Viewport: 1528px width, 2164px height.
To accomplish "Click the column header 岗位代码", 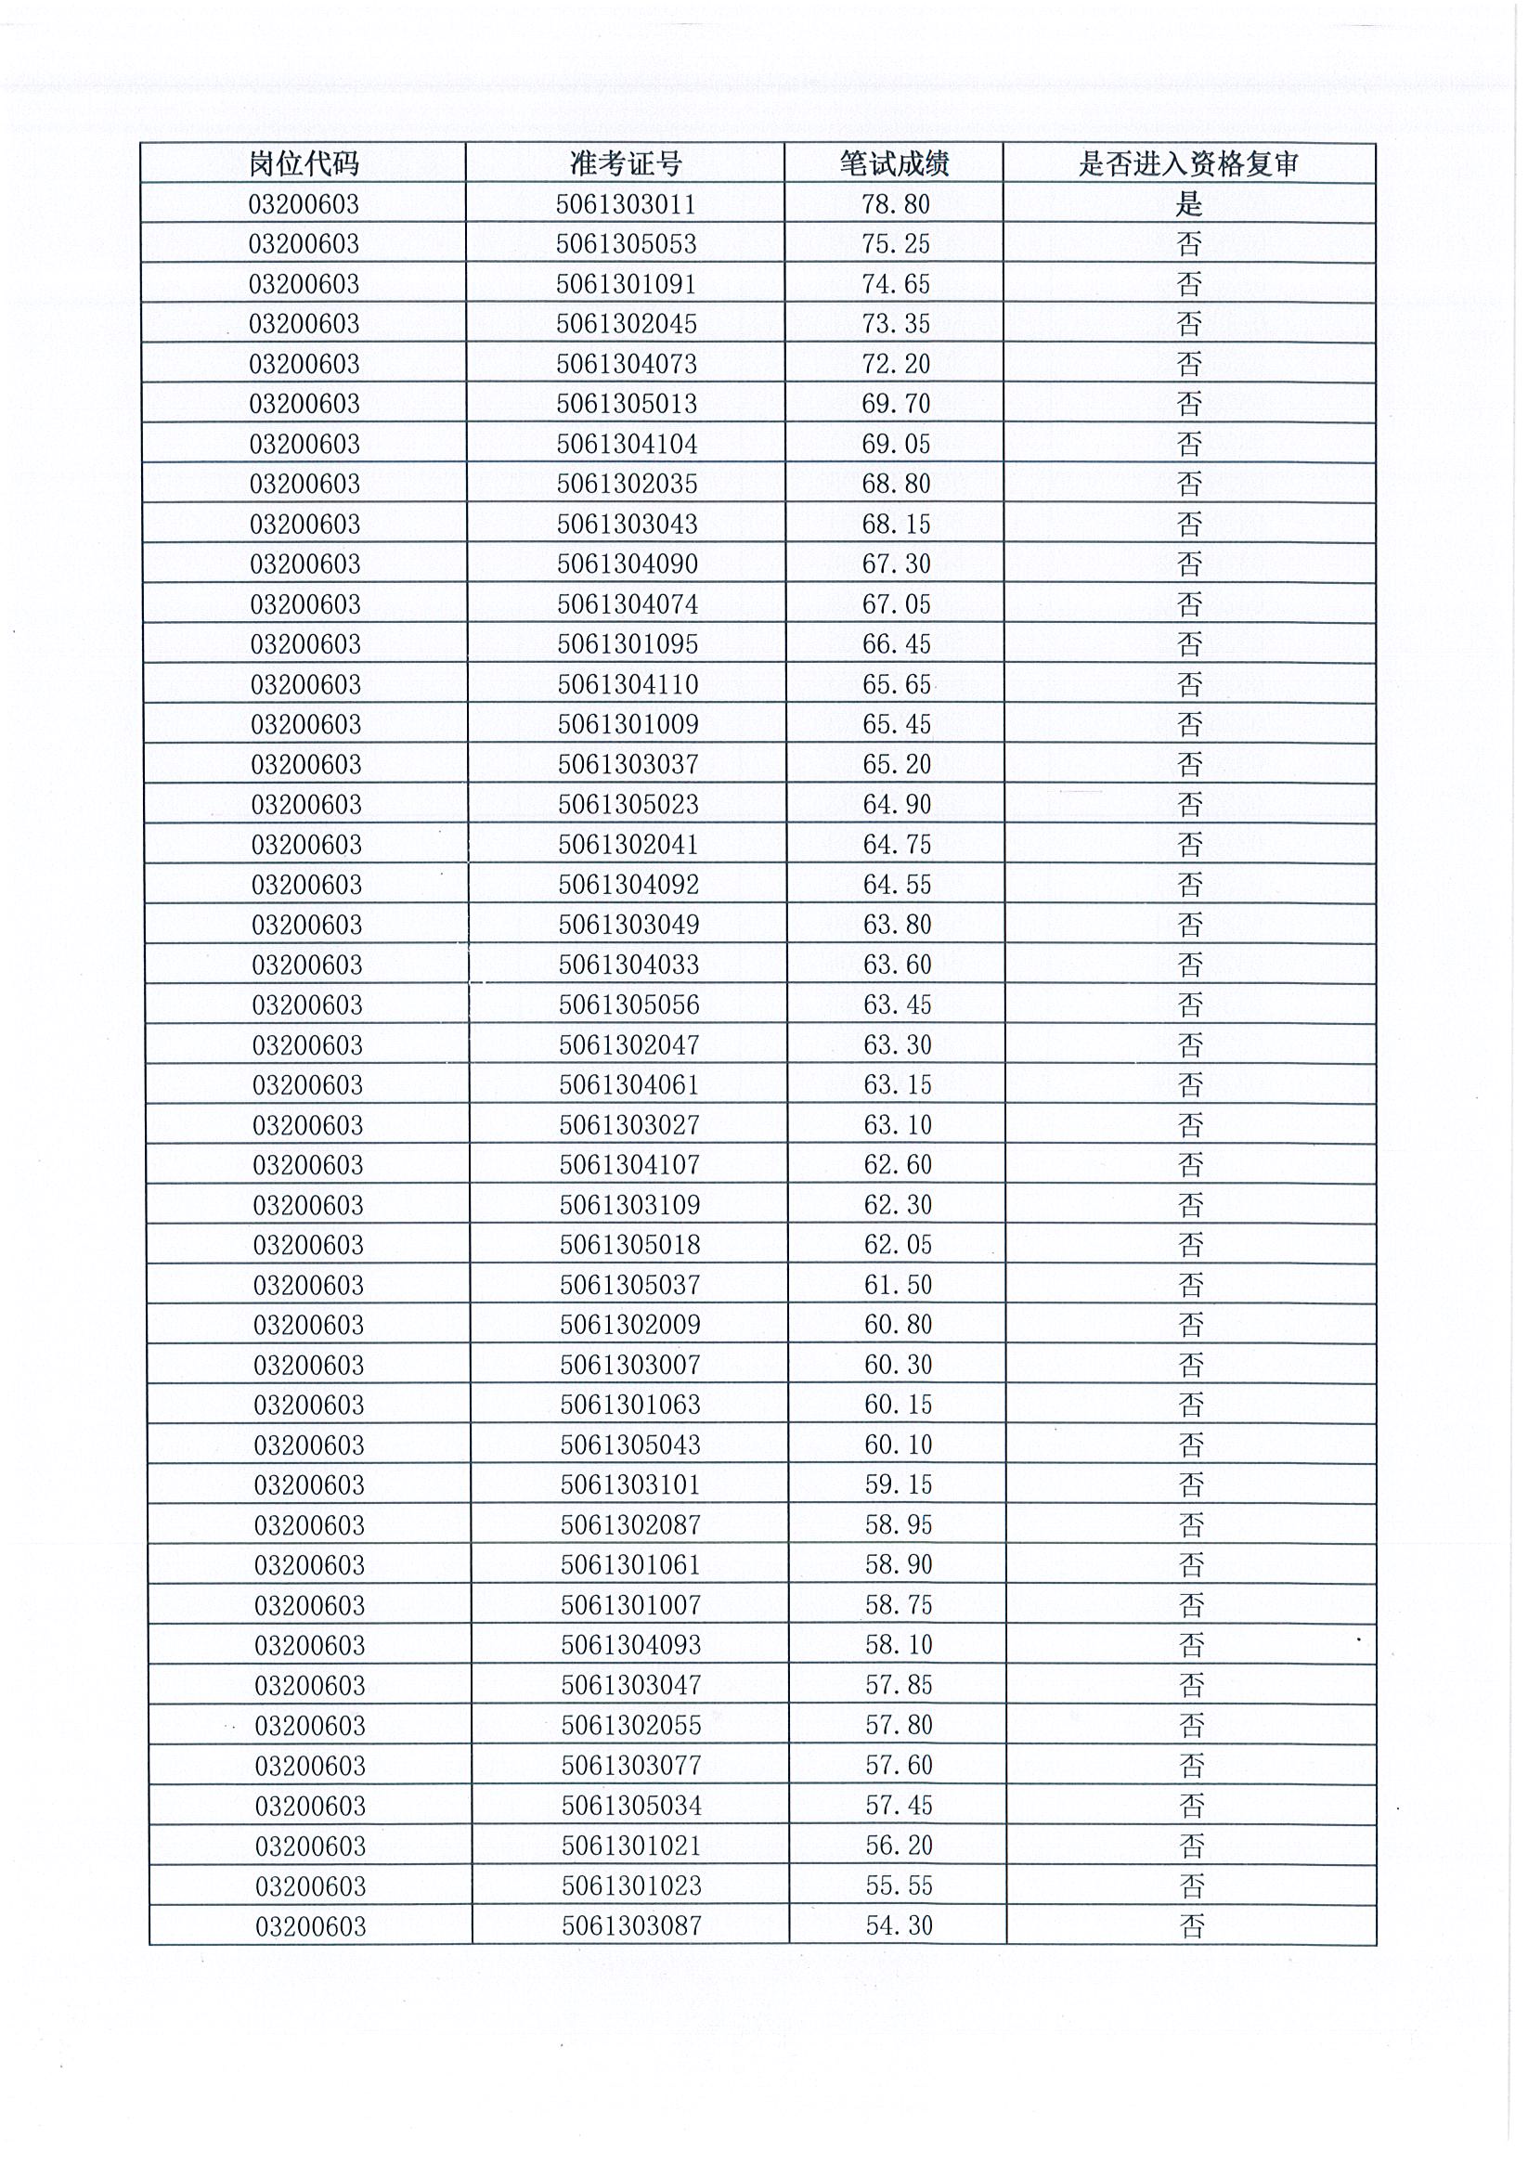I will (x=304, y=164).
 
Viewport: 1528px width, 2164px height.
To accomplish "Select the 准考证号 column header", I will (x=626, y=164).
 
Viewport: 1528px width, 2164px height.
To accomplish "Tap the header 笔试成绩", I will (x=895, y=164).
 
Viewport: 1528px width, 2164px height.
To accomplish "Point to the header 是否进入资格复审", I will (x=1188, y=164).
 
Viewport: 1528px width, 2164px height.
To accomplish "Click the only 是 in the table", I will (x=1188, y=203).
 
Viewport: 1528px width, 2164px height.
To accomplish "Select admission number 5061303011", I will (x=626, y=203).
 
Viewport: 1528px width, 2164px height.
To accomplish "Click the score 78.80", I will (x=896, y=203).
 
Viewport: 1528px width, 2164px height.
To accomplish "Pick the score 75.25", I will (x=896, y=244).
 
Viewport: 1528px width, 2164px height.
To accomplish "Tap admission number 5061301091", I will (x=626, y=284).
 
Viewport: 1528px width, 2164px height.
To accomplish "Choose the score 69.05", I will (x=896, y=444).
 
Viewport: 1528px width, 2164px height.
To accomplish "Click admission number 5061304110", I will (x=628, y=684).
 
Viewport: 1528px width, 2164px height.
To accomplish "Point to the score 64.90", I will (x=897, y=804).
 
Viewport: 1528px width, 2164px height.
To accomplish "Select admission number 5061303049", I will (x=628, y=925).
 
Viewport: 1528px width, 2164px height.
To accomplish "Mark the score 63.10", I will (x=898, y=1124).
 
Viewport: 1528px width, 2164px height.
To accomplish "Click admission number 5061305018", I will (x=629, y=1245).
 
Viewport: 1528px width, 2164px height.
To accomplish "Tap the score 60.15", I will (x=898, y=1406).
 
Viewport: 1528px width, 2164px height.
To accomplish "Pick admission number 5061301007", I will (x=630, y=1605).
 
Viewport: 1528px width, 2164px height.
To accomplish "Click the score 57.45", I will (x=899, y=1806).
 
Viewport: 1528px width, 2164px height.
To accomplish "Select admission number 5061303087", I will (x=631, y=1925).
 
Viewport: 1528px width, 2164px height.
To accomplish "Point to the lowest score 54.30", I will (x=899, y=1925).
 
